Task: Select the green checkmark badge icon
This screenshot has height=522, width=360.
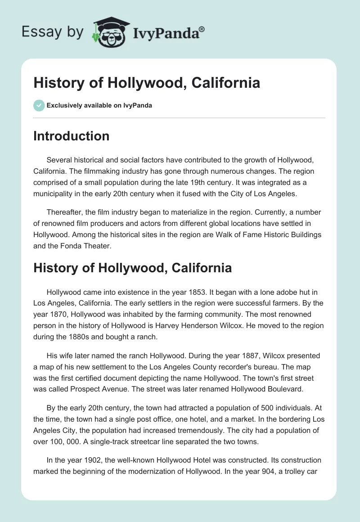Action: [x=39, y=105]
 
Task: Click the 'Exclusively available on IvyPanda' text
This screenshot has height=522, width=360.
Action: [x=99, y=106]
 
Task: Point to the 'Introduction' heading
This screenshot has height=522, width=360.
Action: [x=71, y=136]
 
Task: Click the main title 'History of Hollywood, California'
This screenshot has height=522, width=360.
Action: [x=147, y=83]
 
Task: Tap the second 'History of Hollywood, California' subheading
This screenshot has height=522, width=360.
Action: [x=132, y=268]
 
